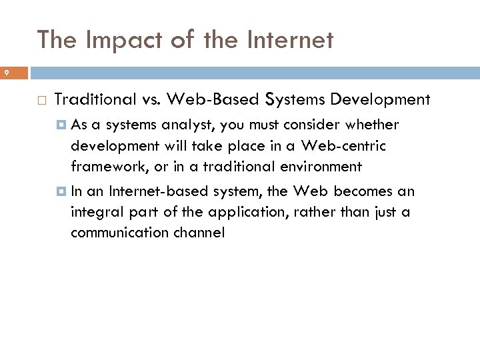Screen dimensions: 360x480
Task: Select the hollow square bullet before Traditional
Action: tap(41, 101)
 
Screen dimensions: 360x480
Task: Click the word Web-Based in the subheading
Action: tap(213, 100)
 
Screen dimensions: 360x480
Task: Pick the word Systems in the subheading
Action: tap(293, 100)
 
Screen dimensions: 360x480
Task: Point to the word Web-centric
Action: tap(343, 145)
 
